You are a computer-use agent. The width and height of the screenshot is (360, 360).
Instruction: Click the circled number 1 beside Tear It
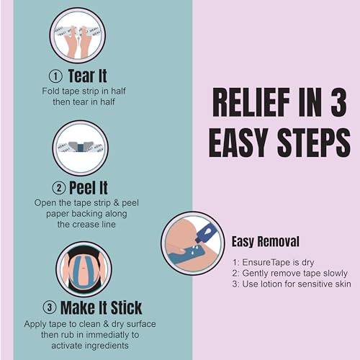tap(55, 76)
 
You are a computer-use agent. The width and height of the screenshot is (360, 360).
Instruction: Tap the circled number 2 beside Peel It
tap(59, 188)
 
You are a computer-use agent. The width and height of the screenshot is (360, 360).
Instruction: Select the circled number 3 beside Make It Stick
tap(50, 307)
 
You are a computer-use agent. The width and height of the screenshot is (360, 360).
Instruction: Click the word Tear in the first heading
tap(81, 76)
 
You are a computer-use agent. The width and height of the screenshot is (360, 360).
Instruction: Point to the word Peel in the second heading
tap(81, 188)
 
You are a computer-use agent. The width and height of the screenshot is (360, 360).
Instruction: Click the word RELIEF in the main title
tap(251, 102)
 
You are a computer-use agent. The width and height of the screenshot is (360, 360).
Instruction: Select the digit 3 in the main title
tap(338, 102)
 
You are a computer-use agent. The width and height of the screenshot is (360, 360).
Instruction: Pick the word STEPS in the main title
tap(314, 143)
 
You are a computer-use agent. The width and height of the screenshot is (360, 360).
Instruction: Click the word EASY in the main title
tap(238, 143)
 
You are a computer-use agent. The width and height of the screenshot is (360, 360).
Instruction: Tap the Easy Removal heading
tap(266, 241)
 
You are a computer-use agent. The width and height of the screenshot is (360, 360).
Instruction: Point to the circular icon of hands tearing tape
tap(78, 35)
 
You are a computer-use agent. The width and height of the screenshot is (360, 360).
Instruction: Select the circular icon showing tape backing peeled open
tap(81, 148)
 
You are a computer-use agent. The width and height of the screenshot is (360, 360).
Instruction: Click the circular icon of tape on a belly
tap(84, 269)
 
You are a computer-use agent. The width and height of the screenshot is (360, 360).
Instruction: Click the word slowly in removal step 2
tap(336, 274)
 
